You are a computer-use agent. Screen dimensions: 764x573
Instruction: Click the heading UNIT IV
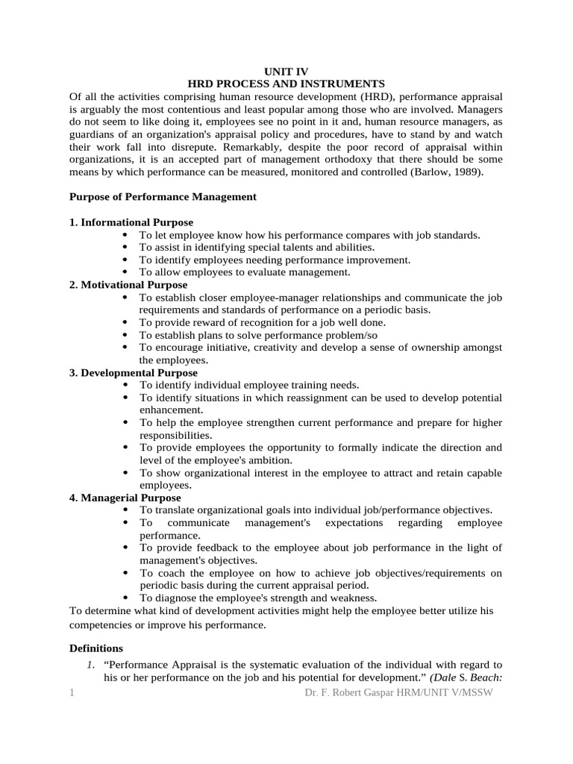click(286, 72)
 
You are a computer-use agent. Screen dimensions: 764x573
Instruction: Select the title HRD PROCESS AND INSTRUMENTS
click(286, 84)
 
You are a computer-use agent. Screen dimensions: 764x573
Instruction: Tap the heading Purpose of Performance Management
click(163, 197)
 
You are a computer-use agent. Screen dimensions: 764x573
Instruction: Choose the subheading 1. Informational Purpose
click(131, 222)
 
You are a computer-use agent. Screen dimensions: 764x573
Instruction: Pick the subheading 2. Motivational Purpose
click(128, 285)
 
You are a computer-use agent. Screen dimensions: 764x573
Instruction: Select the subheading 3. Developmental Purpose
click(134, 372)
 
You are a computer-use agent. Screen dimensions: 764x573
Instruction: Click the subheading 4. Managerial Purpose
click(125, 498)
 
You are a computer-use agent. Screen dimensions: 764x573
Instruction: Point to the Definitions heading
click(96, 648)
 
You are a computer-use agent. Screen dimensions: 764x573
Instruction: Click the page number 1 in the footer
click(72, 694)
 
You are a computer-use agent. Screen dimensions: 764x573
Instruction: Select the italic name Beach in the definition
click(486, 677)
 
